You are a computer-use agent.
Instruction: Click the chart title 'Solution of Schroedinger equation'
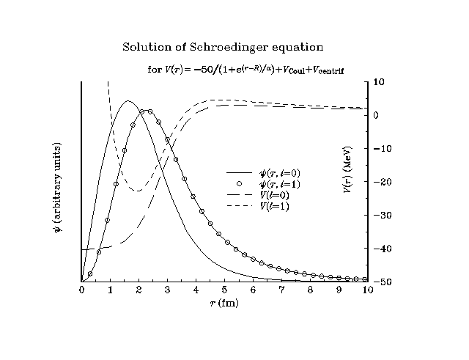point(222,47)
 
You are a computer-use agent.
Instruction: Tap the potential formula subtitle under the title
point(245,70)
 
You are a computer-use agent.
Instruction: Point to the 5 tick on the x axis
point(224,290)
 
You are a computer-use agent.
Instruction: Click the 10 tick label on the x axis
point(367,290)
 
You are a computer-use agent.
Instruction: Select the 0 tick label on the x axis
point(81,290)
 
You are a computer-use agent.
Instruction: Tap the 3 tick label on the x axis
point(167,290)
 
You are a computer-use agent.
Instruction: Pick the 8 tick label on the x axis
point(310,290)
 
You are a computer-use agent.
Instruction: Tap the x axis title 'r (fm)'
point(224,303)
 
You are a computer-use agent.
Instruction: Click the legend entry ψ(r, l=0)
point(274,173)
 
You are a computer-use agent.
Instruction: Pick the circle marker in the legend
point(239,183)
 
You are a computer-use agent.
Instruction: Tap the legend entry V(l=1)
point(273,207)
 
